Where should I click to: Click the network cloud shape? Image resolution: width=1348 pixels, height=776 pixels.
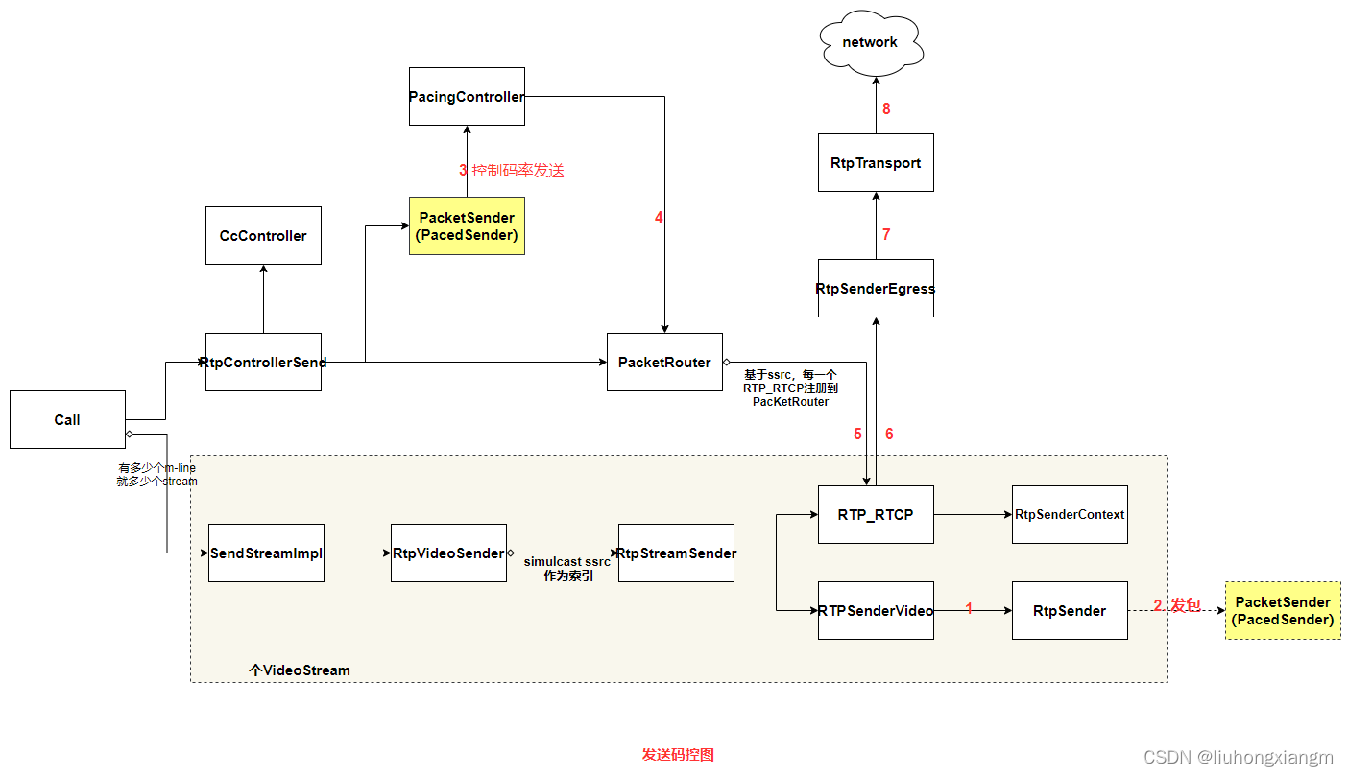tap(870, 43)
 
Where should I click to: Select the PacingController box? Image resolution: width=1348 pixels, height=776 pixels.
tap(467, 96)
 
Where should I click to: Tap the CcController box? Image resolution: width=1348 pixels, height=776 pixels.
tap(263, 235)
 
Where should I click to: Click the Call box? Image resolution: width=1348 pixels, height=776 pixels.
tap(67, 419)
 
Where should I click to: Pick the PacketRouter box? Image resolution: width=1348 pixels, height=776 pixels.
tap(664, 362)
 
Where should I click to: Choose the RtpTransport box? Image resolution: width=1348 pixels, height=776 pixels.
tap(876, 163)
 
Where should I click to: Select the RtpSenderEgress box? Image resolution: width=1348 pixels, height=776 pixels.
tap(876, 288)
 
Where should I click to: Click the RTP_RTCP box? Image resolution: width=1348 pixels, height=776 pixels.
tap(876, 514)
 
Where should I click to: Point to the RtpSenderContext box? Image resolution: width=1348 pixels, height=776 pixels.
tap(1070, 514)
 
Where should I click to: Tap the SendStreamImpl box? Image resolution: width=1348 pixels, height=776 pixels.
tap(266, 553)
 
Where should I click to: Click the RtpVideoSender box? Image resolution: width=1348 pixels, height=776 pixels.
tap(448, 553)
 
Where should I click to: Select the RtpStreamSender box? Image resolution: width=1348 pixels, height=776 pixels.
tap(676, 553)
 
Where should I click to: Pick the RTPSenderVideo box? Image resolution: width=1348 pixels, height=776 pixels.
tap(876, 610)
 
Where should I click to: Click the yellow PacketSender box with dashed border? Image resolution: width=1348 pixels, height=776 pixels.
tap(1283, 610)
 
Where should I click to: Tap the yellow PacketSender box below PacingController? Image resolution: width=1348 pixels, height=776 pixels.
tap(467, 225)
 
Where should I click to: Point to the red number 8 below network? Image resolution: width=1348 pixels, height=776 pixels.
tap(886, 108)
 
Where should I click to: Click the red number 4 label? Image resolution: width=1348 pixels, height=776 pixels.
tap(659, 218)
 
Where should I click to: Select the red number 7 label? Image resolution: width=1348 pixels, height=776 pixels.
tap(886, 234)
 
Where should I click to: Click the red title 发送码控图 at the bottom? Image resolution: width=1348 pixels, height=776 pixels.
tap(678, 754)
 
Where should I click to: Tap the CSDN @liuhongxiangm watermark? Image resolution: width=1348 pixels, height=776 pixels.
tap(1240, 757)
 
